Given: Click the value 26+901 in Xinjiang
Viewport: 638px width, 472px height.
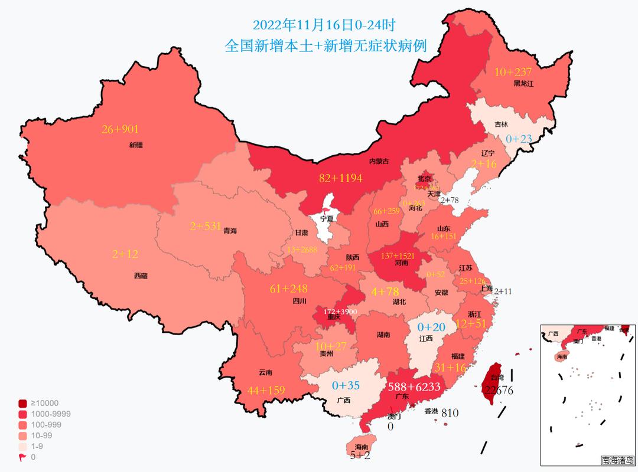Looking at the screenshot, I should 121,129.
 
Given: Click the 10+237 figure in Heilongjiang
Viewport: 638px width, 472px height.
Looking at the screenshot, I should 513,72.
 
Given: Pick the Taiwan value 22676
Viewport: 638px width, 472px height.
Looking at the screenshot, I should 498,390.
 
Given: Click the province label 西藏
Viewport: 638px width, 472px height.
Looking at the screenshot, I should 141,276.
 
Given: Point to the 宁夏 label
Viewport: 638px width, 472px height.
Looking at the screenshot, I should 327,218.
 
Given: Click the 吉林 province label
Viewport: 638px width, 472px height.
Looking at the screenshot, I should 501,124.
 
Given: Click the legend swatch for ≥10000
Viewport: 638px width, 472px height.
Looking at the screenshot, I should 22,404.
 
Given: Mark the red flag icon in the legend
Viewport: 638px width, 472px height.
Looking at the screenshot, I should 22,457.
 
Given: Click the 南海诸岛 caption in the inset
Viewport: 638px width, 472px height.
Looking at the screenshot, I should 618,460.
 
